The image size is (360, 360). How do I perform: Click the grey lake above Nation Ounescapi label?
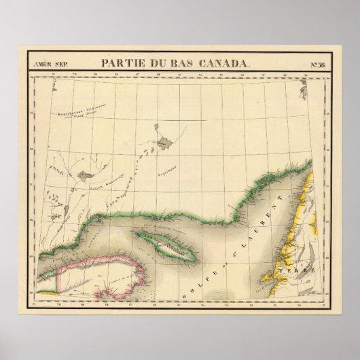(85, 175)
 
